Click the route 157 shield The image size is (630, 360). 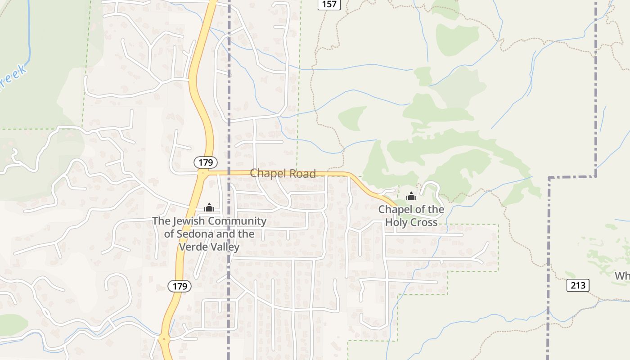coord(329,4)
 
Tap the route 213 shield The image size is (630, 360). coord(578,285)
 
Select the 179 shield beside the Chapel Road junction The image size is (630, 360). coord(206,162)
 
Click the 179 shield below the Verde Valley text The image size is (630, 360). coord(180,286)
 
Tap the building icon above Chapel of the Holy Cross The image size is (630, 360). coord(411,196)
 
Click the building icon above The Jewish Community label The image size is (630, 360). coord(209,207)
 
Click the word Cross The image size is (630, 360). coord(423,222)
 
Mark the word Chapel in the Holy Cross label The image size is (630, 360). coord(393,209)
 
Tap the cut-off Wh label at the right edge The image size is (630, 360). coord(622,275)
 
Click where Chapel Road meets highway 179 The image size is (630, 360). coord(203,172)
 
